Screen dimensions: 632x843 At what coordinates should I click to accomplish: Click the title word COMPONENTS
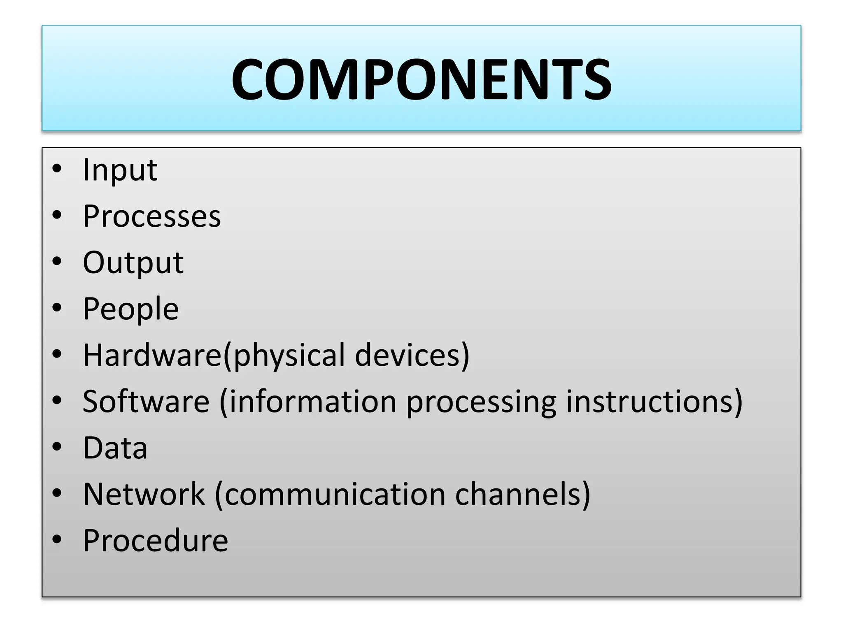click(421, 79)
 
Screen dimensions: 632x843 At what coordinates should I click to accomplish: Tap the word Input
click(120, 170)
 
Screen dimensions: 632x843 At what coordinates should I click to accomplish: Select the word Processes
click(152, 216)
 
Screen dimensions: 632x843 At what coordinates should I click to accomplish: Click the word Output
click(133, 263)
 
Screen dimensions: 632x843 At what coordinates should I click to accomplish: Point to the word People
click(131, 309)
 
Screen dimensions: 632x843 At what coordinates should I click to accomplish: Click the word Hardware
click(152, 355)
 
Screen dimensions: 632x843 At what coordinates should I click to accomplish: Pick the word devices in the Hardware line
click(412, 355)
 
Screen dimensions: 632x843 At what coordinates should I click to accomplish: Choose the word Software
click(146, 401)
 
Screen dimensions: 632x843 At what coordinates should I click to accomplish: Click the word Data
click(115, 448)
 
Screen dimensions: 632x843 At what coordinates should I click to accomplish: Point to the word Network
click(144, 494)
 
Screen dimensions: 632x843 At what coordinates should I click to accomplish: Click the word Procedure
click(155, 540)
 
